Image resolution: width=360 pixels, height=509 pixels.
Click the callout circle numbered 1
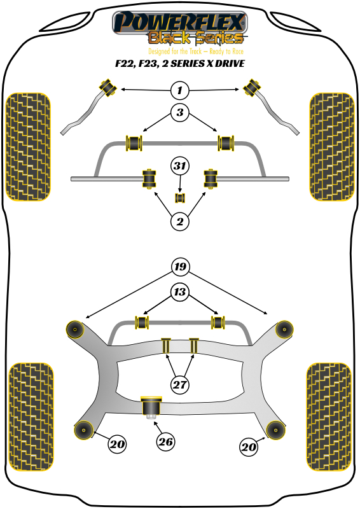pos(180,90)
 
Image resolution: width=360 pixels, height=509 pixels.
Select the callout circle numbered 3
pos(180,113)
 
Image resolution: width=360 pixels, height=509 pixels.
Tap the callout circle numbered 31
pos(180,166)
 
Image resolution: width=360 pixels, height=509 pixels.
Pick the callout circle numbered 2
pos(180,221)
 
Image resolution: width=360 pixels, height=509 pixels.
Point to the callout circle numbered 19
pos(180,267)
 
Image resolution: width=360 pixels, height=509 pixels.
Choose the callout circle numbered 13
pos(180,292)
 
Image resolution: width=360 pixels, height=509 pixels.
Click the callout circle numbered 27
pos(180,385)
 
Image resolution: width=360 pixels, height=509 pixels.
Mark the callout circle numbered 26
pos(165,442)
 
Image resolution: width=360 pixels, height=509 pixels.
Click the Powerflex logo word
pos(179,22)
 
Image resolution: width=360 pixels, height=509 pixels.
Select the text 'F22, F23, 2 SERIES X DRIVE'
pos(180,63)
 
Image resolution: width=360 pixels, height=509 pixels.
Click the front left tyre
pos(28,147)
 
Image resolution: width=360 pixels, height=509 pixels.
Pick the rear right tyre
pos(329,417)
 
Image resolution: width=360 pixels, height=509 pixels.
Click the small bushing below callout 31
pos(180,198)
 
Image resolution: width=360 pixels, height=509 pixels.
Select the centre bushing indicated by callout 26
pos(151,407)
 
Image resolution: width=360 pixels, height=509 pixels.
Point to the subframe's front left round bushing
pos(75,330)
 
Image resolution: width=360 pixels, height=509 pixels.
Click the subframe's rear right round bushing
pos(275,430)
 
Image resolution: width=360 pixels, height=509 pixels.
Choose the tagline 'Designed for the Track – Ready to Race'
pos(196,52)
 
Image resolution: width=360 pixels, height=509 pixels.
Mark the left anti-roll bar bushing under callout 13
pos(142,322)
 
